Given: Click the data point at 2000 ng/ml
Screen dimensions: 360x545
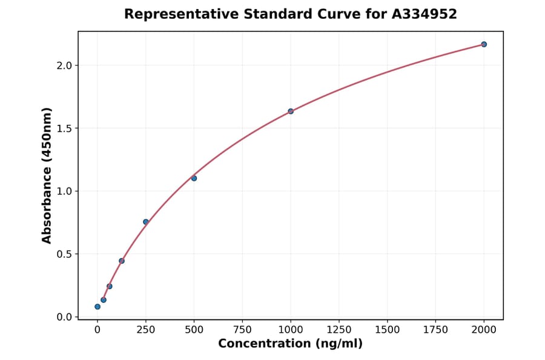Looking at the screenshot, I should click(484, 44).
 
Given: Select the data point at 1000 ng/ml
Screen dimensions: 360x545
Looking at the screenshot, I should click(291, 112).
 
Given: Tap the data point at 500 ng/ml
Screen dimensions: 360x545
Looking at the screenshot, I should click(194, 178).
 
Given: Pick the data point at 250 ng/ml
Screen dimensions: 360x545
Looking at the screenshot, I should click(146, 222).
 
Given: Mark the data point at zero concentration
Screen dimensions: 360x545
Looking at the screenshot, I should click(97, 307).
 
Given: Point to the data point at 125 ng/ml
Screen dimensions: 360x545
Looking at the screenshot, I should click(122, 261).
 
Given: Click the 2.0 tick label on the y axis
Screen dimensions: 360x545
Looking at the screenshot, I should click(64, 65).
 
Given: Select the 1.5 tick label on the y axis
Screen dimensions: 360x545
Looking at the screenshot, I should click(64, 128).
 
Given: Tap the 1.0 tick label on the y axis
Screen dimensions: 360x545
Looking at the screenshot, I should click(64, 192).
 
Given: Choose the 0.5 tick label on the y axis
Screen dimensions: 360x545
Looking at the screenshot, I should click(64, 255).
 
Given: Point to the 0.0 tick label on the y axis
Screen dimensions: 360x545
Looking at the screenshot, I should click(64, 317).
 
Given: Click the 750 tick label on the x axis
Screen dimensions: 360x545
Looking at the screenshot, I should click(242, 329).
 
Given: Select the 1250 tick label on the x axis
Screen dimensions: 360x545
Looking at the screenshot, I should click(339, 329).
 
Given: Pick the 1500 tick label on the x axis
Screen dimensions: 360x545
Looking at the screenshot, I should click(388, 329).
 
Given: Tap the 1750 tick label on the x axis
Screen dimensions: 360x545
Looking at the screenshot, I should click(436, 329).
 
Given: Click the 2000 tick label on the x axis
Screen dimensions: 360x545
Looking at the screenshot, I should click(484, 329).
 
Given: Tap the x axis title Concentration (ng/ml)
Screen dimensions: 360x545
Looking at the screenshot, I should click(290, 344).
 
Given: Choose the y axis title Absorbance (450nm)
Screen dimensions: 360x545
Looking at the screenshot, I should click(47, 175).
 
